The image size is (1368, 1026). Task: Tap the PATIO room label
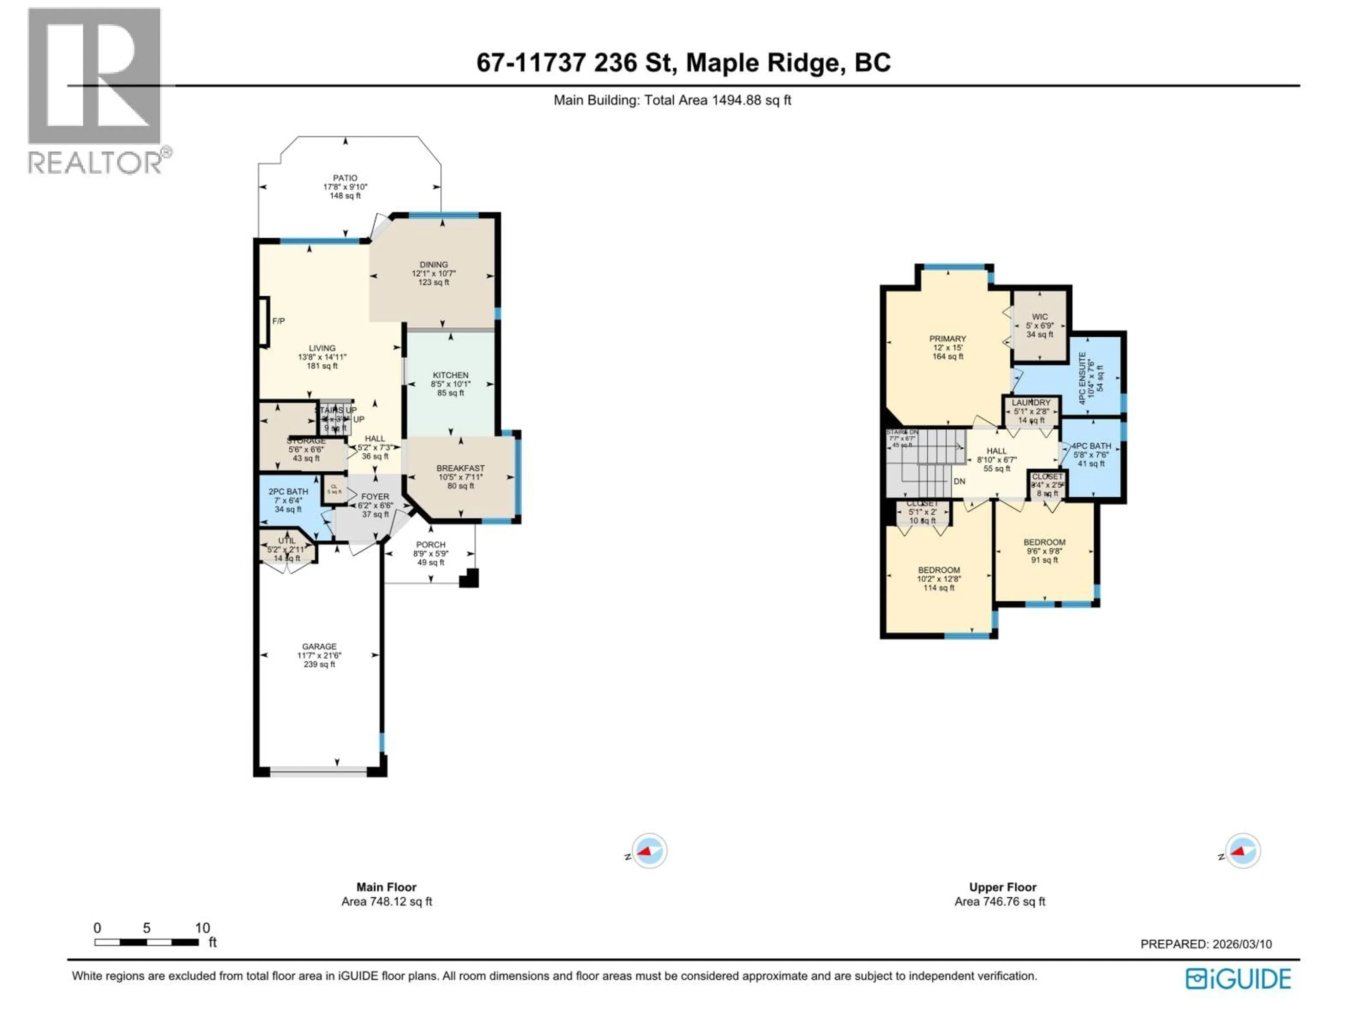[345, 178]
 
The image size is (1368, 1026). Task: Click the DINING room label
[434, 265]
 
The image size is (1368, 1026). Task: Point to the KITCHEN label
[450, 375]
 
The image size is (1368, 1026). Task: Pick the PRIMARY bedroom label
[948, 339]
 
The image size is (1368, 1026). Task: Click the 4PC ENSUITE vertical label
[1082, 378]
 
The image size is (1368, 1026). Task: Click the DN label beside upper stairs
[959, 482]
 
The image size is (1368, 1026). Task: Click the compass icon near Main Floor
[649, 851]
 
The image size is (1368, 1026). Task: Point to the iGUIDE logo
[1238, 979]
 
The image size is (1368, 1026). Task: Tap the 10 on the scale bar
[202, 928]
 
